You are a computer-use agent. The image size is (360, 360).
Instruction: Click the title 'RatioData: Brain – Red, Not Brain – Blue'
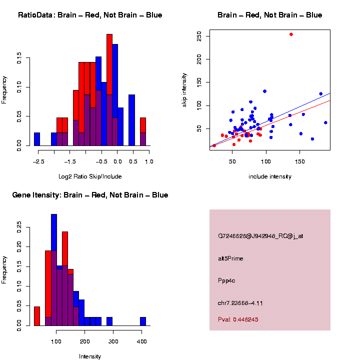tap(90, 15)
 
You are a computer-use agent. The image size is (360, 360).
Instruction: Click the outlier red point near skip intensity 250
tap(291, 34)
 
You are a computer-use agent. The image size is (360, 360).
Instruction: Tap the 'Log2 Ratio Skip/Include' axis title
tap(90, 176)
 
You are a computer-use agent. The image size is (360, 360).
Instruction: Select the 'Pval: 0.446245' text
tap(238, 319)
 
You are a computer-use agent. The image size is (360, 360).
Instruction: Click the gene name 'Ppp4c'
tap(226, 280)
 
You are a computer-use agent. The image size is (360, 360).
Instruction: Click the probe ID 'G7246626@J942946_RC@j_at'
tap(260, 236)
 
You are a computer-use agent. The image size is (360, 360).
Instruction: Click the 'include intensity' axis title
tap(270, 176)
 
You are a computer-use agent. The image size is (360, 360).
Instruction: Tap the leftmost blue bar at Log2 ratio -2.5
tap(37, 139)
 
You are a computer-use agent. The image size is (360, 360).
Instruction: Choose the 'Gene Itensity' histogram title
tap(90, 195)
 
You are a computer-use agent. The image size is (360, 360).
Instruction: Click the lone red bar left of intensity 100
tap(37, 316)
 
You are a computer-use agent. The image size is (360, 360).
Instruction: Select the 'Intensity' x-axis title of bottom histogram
tap(90, 356)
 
